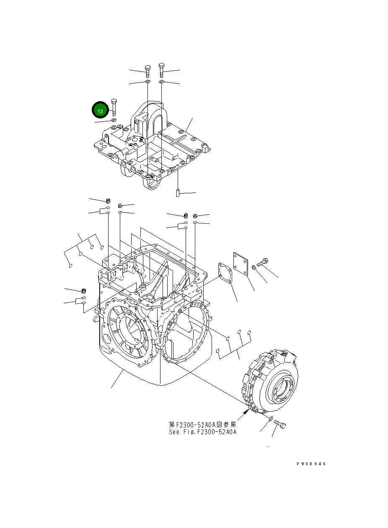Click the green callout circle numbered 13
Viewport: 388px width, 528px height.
click(x=100, y=111)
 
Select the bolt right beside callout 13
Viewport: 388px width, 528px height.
click(x=114, y=108)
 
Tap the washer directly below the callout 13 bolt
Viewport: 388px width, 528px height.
click(x=114, y=120)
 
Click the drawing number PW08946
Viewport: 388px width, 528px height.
click(x=311, y=464)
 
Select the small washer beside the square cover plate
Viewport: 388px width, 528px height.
click(x=254, y=267)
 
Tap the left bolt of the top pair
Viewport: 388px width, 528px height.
click(x=147, y=71)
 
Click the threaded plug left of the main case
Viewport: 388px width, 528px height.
click(x=83, y=291)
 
